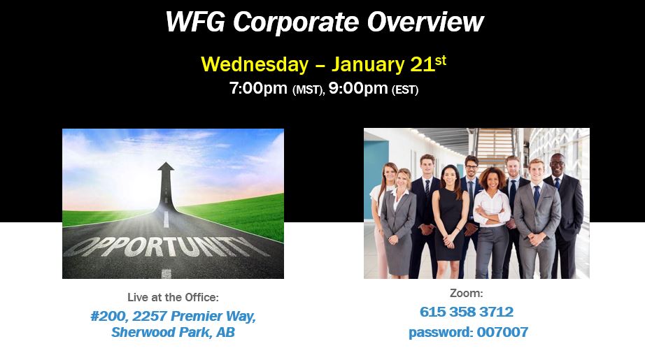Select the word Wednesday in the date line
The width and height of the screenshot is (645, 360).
coord(254,64)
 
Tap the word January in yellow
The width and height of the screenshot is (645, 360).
coord(367,64)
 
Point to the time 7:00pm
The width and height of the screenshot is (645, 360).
coord(259,89)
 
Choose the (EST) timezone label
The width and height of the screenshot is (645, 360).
coord(405,90)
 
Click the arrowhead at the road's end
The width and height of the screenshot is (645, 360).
coord(166,168)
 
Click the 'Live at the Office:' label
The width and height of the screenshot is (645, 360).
coord(173,297)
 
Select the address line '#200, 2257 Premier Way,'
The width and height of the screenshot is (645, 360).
coord(173,316)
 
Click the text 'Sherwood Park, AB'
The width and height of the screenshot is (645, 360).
coord(173,333)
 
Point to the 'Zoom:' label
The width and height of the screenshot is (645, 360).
coord(467,294)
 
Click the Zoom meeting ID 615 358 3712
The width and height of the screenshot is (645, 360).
coord(467,312)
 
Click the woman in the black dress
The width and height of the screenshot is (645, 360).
coord(448,217)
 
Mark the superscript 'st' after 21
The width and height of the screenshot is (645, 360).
coord(440,60)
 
